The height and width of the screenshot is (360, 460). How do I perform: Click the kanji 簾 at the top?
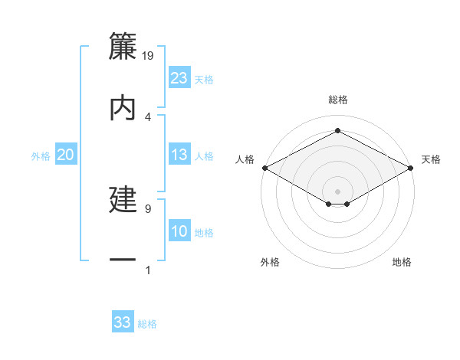123,48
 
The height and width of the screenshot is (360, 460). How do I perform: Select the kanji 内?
123,108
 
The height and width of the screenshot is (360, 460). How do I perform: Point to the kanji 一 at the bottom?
123,260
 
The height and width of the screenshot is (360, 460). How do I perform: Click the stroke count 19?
149,56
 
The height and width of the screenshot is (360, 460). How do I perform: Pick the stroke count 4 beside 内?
148,116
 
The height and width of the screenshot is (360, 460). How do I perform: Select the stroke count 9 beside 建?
148,208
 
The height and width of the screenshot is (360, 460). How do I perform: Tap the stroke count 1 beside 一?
148,270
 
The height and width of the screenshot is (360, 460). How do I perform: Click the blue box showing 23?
179,78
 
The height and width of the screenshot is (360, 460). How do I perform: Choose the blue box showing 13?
179,155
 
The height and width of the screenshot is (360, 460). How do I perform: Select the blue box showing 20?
66,155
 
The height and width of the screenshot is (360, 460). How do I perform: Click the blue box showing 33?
123,322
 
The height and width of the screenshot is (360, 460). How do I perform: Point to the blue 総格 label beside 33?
147,324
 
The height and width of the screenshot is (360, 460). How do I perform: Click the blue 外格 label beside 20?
41,156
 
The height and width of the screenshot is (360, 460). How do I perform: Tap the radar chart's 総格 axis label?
337,100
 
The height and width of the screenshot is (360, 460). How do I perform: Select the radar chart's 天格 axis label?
431,159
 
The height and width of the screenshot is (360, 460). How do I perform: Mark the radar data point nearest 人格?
264,168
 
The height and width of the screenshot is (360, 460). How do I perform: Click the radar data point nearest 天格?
412,168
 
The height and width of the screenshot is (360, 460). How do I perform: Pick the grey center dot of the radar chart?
337,191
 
